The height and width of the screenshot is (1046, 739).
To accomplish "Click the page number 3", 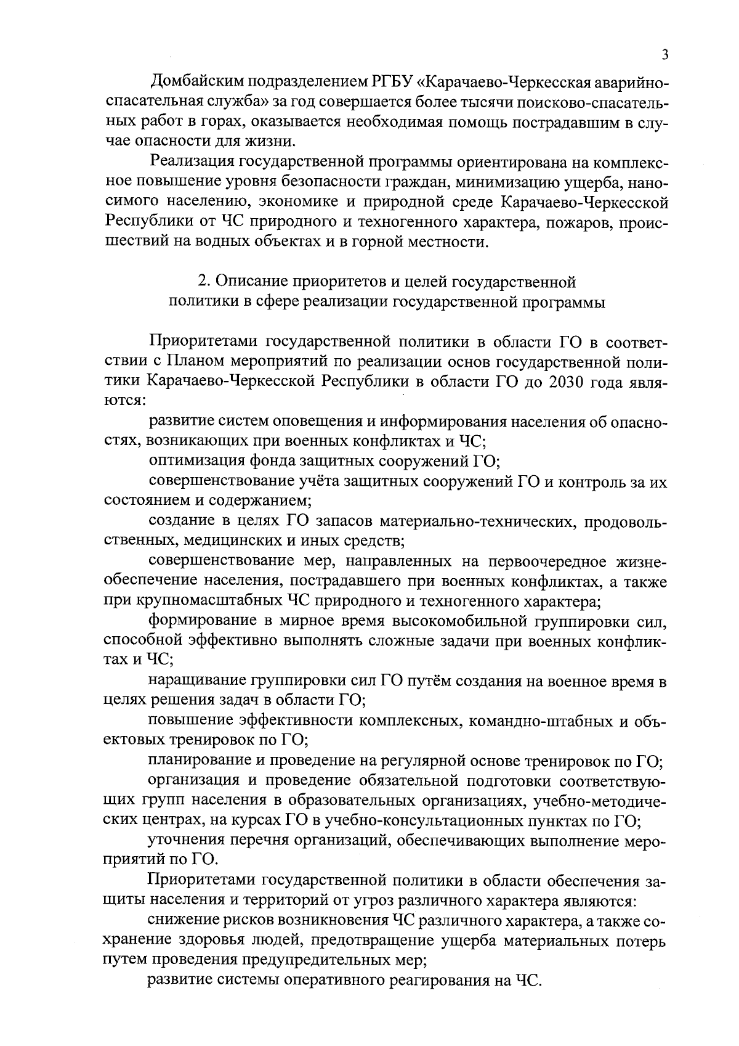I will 664,55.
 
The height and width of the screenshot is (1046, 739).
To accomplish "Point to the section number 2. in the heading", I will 203,282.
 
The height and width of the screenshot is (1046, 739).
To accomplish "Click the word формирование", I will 200,621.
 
